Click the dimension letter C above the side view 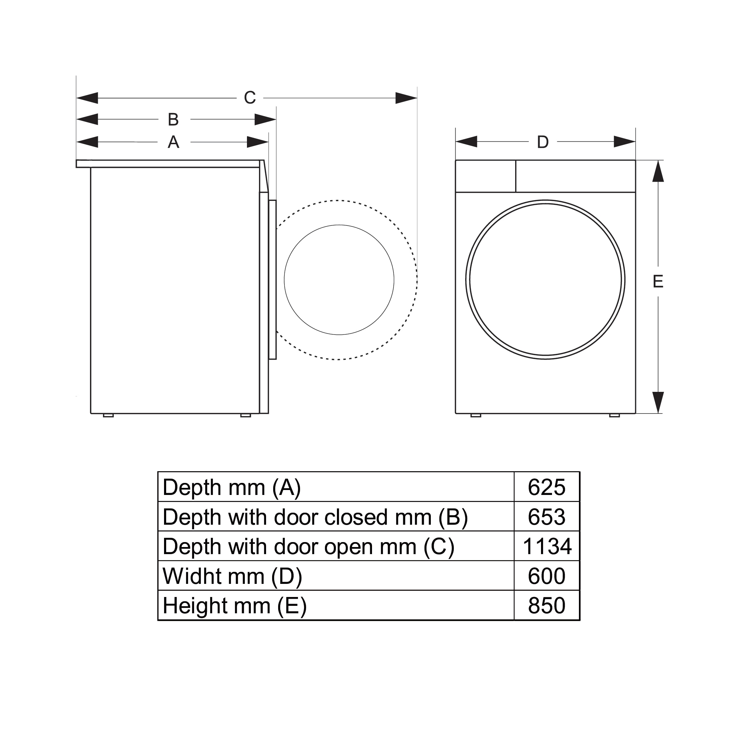pos(250,98)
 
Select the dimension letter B pos(173,119)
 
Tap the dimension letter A pos(173,142)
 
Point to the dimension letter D pos(543,142)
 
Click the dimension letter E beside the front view pos(658,282)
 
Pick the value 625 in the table pos(546,488)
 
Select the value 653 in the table pos(546,517)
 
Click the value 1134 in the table pos(547,546)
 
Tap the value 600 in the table pos(546,576)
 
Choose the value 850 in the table pos(546,605)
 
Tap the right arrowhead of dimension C pos(406,98)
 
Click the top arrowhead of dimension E pos(658,171)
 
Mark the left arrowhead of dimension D pos(466,142)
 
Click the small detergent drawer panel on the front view pos(485,176)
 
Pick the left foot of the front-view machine pos(475,415)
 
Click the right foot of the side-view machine pos(246,415)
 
